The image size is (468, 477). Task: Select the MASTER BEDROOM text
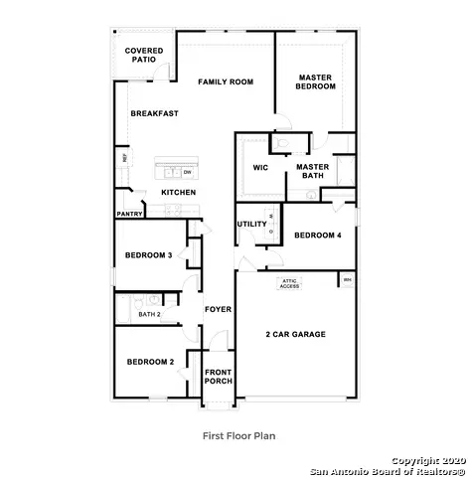[x=316, y=81]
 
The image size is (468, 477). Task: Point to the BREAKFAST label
[x=155, y=113]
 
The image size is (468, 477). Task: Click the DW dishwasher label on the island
[x=187, y=172]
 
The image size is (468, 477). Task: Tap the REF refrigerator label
[x=124, y=158]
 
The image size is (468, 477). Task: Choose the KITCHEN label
[x=178, y=192]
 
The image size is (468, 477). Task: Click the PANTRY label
[x=129, y=213]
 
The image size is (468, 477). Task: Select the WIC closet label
[x=260, y=167]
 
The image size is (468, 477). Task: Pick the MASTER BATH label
[x=312, y=172]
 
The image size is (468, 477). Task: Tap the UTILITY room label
[x=251, y=224]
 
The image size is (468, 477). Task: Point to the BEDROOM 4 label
[x=317, y=235]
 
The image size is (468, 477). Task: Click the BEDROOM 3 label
[x=149, y=255]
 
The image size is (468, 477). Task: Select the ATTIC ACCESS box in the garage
[x=289, y=283]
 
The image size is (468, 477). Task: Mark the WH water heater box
[x=347, y=280]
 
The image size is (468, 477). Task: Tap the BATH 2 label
[x=149, y=314]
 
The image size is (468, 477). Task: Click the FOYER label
[x=218, y=309]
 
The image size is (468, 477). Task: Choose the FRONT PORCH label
[x=218, y=379]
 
